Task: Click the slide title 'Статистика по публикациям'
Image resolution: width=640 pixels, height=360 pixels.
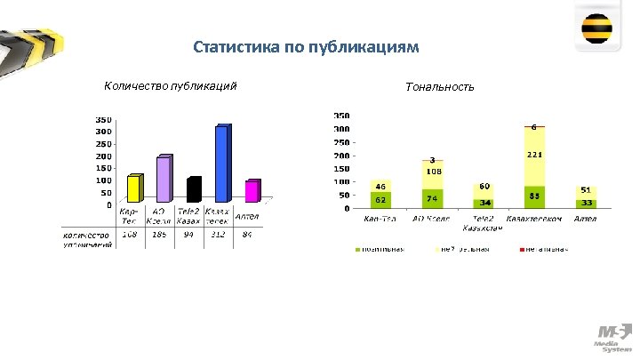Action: click(x=305, y=46)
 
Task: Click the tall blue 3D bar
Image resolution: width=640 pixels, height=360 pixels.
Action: click(x=221, y=164)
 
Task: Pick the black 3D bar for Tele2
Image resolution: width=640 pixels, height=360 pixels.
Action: click(x=193, y=189)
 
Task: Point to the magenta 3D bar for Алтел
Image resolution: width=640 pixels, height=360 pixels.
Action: click(x=252, y=191)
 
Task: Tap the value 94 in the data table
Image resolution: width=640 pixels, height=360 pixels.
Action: click(x=189, y=236)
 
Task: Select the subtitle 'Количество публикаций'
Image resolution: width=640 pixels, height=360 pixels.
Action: click(x=170, y=85)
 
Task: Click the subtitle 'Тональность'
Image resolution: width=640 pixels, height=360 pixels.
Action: click(x=439, y=86)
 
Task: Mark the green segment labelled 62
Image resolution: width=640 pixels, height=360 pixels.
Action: click(x=380, y=200)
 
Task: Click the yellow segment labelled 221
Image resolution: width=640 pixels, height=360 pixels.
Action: click(x=534, y=156)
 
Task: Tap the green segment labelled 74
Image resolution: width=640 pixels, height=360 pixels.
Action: click(x=432, y=198)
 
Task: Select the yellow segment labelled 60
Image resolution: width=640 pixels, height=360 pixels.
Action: click(x=484, y=189)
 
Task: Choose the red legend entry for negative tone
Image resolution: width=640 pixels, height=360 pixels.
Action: click(x=543, y=248)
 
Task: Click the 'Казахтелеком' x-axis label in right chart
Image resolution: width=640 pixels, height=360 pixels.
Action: click(x=534, y=219)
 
